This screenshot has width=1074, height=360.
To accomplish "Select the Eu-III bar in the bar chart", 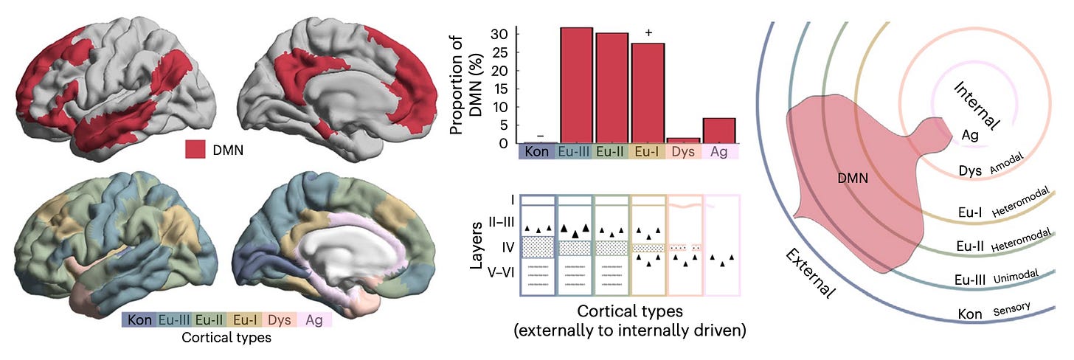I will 576,85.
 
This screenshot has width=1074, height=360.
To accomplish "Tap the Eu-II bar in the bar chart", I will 612,88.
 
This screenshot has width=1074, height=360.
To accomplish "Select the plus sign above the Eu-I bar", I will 649,33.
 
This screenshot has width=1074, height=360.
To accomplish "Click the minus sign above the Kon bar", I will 540,136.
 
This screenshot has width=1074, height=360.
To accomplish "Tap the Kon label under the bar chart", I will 538,152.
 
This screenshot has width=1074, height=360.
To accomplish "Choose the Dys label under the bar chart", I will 684,152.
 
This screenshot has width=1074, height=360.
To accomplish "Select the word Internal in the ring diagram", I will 977,105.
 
